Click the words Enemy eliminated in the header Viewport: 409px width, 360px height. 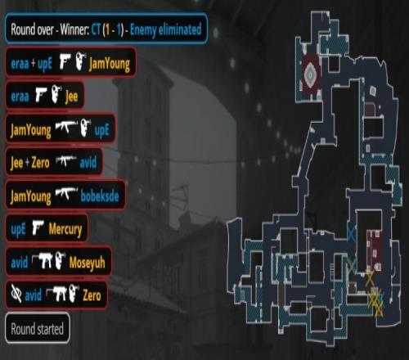click(165, 29)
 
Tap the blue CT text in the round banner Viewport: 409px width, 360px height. click(96, 29)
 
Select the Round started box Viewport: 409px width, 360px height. click(38, 328)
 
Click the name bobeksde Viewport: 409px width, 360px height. click(100, 196)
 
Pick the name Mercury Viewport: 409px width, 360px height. click(65, 229)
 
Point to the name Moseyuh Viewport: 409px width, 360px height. click(87, 263)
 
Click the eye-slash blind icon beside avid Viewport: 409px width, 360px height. click(16, 294)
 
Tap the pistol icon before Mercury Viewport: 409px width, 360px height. click(38, 227)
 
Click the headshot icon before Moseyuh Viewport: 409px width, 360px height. click(60, 260)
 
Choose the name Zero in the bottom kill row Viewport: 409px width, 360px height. click(92, 295)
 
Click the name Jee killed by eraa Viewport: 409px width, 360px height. click(71, 97)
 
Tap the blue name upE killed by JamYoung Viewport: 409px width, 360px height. click(101, 131)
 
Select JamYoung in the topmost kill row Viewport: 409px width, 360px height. click(110, 65)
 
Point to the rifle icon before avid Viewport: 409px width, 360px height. click(66, 160)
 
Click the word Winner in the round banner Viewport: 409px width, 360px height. click(74, 29)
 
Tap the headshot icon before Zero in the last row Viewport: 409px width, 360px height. click(74, 293)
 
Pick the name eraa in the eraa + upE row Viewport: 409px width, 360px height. click(20, 64)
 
